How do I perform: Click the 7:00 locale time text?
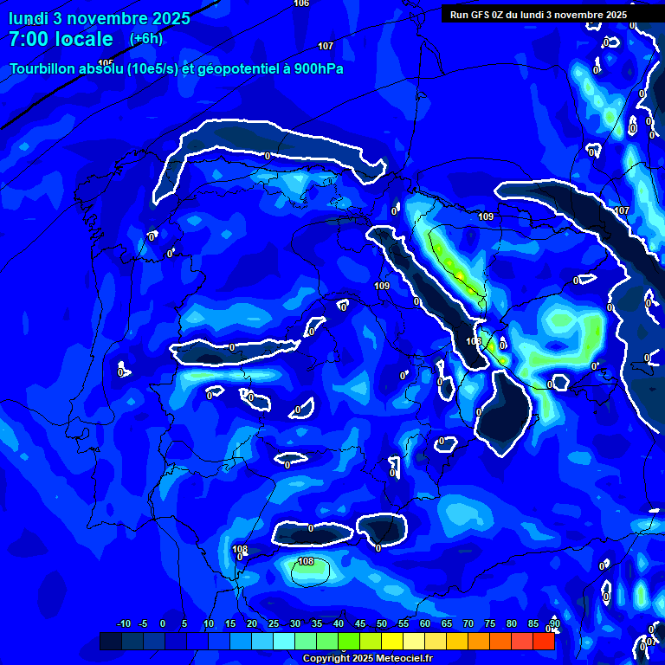pos(61,39)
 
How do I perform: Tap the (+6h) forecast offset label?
pos(145,38)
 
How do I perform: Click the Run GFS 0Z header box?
pos(538,14)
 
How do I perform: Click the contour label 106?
pos(301,3)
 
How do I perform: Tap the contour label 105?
pos(107,63)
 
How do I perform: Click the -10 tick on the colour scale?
pos(123,624)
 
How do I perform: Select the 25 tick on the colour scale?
pos(274,624)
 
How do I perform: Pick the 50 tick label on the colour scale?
pos(382,624)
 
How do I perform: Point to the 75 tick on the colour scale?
pos(490,624)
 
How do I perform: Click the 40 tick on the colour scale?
pos(339,624)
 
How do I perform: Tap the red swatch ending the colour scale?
pos(543,641)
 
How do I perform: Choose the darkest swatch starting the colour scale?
pos(110,641)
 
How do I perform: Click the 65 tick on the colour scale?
pos(447,624)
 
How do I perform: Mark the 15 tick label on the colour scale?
pos(230,624)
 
